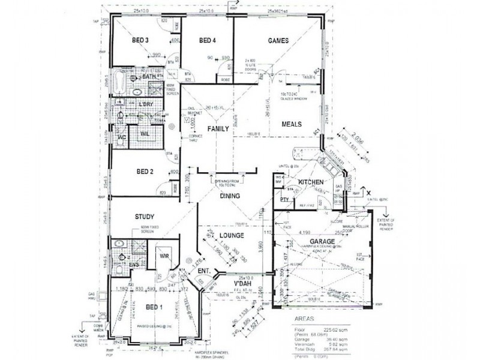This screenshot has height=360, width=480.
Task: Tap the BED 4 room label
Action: click(207, 40)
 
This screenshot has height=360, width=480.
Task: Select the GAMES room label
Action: click(278, 41)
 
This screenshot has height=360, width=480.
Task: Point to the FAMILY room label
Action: click(218, 129)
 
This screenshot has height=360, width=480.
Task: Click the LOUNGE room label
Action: click(230, 235)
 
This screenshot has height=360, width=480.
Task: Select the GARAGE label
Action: click(322, 240)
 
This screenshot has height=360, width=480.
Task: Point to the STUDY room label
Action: click(145, 217)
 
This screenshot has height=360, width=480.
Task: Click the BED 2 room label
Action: click(144, 172)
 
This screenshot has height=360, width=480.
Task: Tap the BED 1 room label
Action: click(154, 307)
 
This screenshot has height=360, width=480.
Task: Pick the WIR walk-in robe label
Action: click(166, 256)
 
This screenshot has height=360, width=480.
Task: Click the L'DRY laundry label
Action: click(146, 105)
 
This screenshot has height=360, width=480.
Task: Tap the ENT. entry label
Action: click(204, 272)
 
